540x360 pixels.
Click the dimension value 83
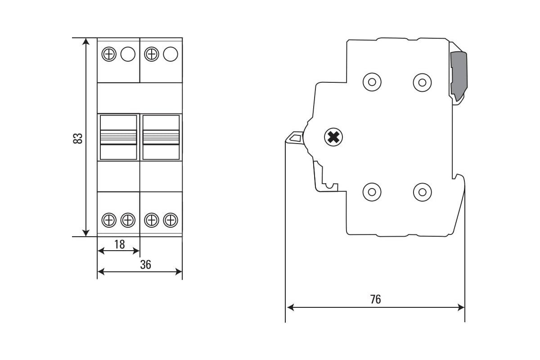pos(78,138)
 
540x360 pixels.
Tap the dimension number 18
pos(119,244)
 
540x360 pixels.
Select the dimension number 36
pos(145,265)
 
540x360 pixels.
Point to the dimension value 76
pos(375,299)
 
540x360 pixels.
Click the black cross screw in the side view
pos(333,137)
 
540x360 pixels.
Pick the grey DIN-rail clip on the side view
pos(459,74)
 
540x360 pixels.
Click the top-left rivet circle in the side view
pos(372,82)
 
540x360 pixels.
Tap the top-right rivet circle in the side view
pos(422,82)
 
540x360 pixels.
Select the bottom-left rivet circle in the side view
pos(372,192)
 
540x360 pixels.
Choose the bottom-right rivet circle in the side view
pos(422,192)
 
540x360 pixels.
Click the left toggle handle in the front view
pos(118,137)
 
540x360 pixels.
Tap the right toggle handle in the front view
pos(161,137)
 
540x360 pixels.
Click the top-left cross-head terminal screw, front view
pos(108,54)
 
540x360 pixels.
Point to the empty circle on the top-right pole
pos(171,54)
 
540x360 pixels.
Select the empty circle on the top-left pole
pos(128,54)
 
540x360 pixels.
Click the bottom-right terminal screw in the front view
pos(171,220)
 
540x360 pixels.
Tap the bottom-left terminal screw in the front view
pos(108,220)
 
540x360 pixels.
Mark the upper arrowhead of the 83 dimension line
pos(85,41)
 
